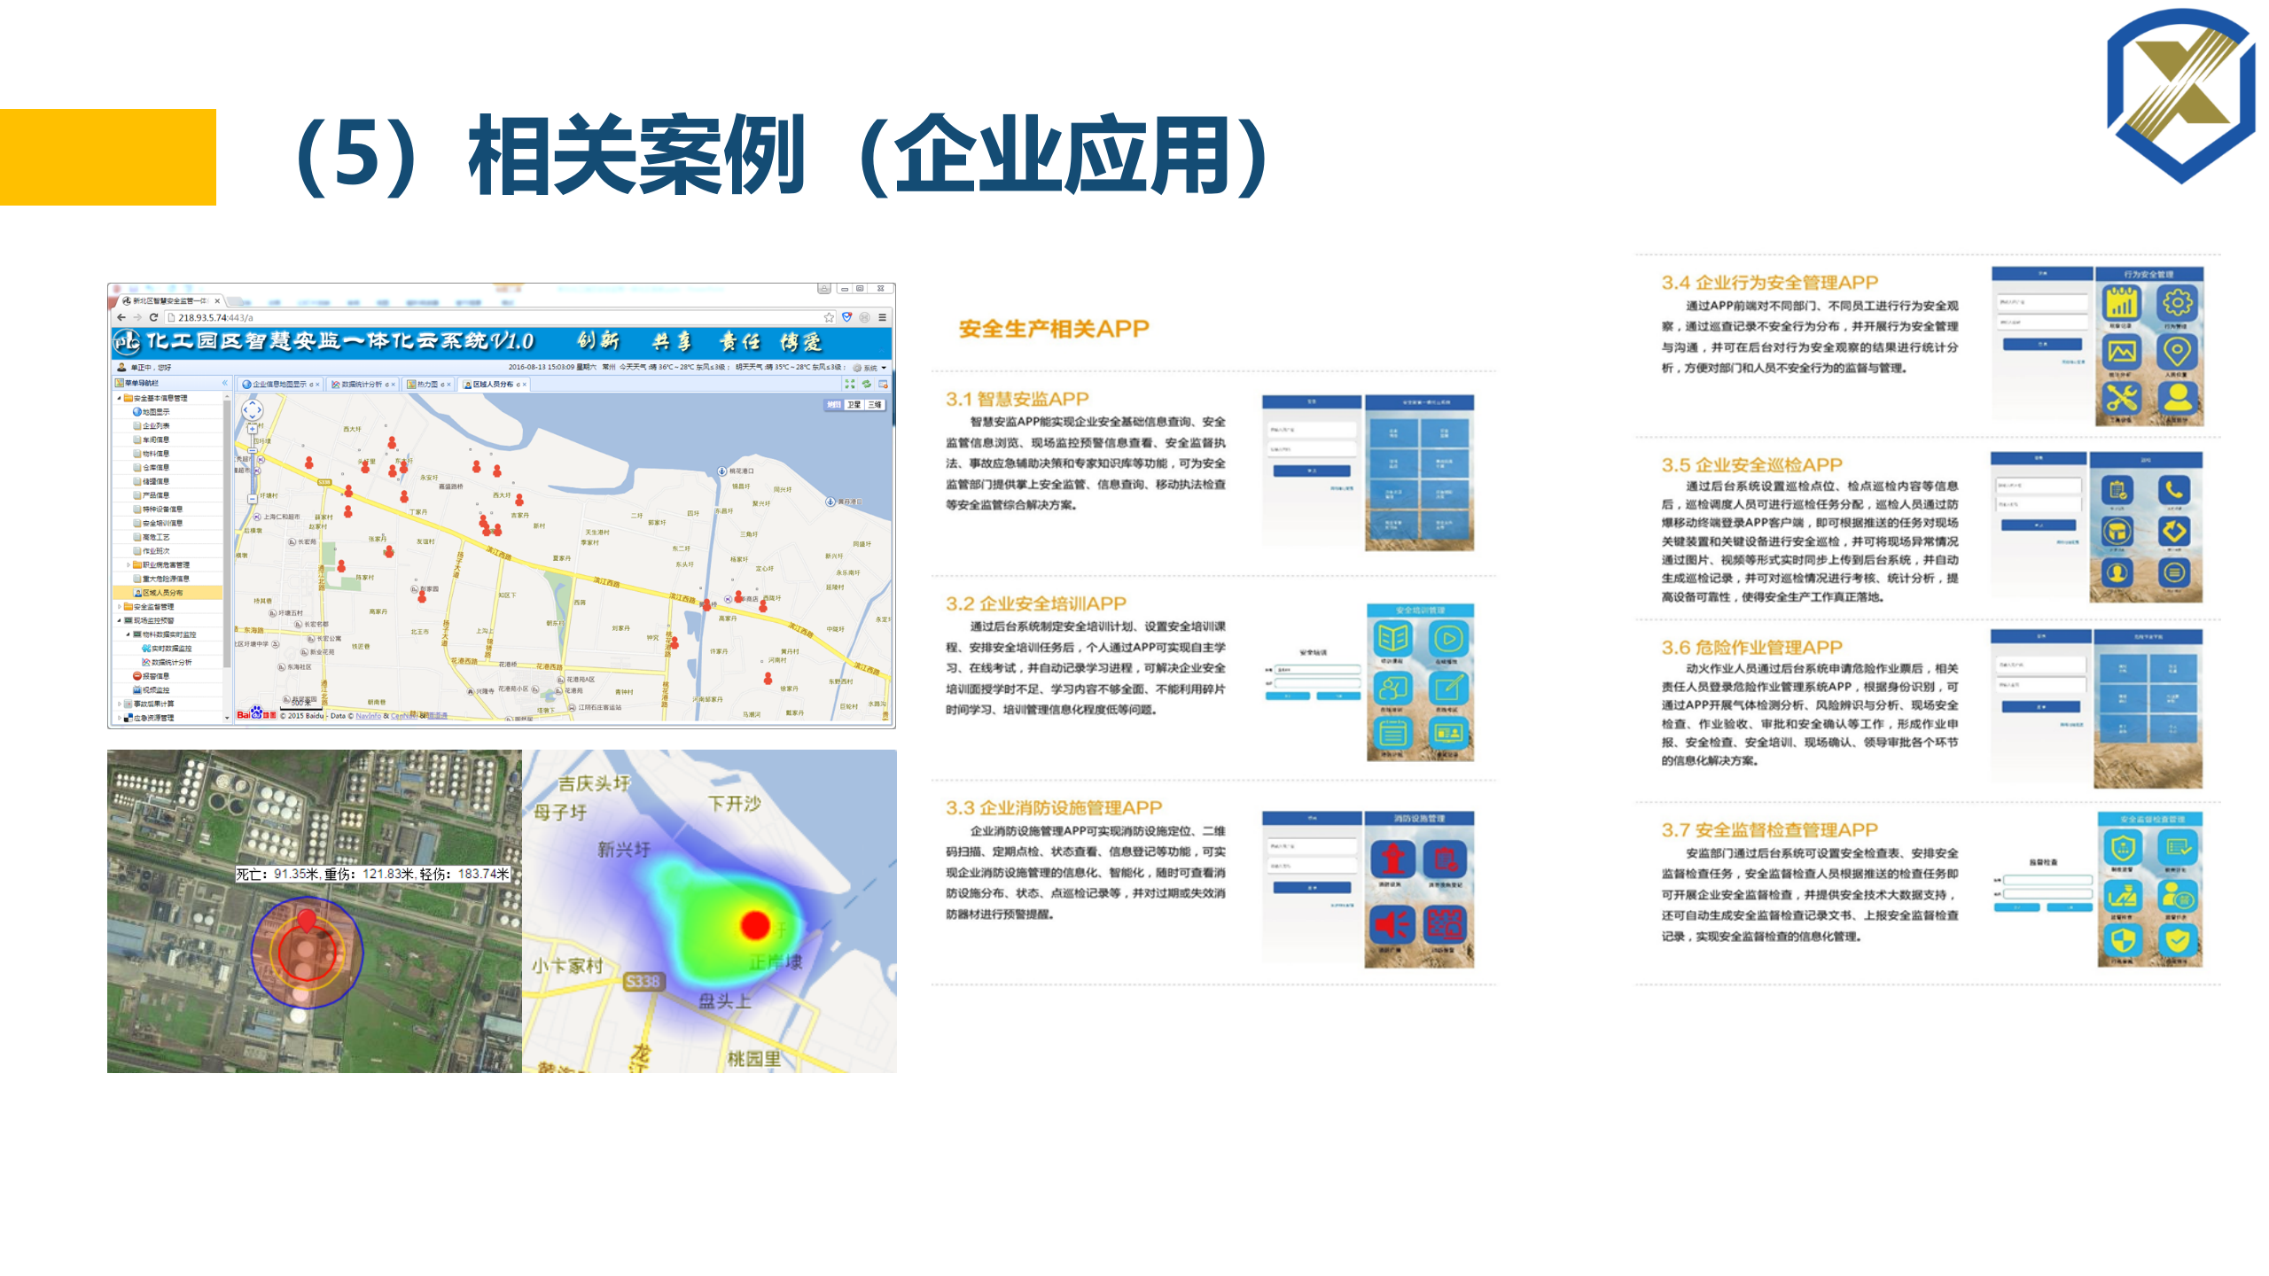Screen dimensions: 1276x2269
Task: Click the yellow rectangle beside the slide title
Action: coord(107,157)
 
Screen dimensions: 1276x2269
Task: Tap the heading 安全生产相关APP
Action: coord(1053,329)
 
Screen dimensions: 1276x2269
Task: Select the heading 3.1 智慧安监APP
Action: coord(1017,399)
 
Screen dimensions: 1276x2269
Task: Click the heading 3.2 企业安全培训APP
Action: coord(1035,603)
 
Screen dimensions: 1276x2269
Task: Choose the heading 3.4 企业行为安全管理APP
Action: coord(1769,283)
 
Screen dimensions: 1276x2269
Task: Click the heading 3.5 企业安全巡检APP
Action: coord(1751,465)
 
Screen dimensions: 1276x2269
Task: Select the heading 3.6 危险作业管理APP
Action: coord(1751,648)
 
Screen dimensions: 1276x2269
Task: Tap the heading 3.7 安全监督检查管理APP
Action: coord(1769,830)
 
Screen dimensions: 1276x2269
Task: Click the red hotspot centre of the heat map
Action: coord(755,925)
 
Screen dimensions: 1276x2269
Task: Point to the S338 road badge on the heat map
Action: coord(643,981)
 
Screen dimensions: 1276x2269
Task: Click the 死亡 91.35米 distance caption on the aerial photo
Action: coord(372,874)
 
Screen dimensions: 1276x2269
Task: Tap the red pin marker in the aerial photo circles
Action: coord(307,920)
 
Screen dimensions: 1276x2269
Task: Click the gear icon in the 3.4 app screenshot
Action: coord(2178,303)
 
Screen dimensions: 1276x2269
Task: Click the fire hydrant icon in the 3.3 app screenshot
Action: coord(1392,858)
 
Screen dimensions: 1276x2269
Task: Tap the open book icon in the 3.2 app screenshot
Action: coord(1392,638)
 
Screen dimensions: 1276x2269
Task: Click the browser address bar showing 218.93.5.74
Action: coord(496,317)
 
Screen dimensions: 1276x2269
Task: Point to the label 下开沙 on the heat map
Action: coord(734,804)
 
